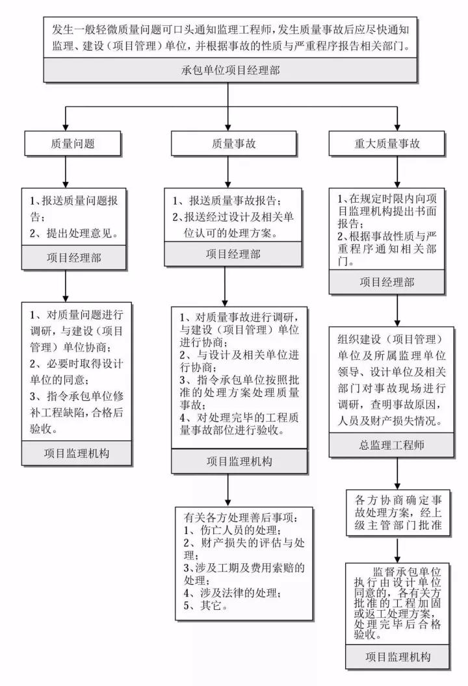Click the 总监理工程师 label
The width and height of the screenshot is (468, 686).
pyautogui.click(x=394, y=445)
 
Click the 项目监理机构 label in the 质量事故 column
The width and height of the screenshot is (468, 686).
pyautogui.click(x=231, y=461)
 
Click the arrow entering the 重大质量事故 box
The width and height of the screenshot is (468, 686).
pyautogui.click(x=396, y=118)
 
